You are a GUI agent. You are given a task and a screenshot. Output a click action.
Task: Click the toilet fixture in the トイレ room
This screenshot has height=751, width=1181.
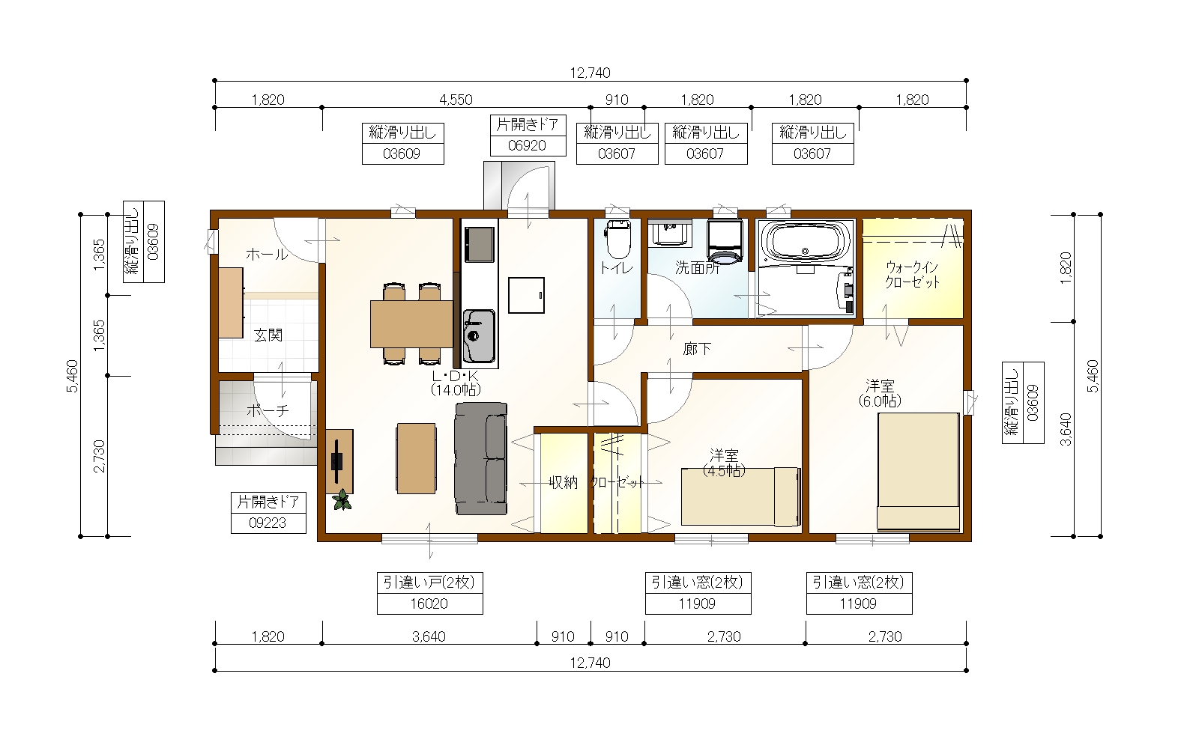click(x=618, y=239)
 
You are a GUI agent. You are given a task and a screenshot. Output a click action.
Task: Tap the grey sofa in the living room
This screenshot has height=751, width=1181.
click(x=481, y=459)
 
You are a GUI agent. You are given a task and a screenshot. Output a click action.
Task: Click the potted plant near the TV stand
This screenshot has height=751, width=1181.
click(x=342, y=499)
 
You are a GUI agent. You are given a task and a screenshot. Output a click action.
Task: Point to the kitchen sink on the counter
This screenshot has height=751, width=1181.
click(x=479, y=336)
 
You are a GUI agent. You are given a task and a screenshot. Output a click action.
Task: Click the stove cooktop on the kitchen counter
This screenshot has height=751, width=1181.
click(x=479, y=244)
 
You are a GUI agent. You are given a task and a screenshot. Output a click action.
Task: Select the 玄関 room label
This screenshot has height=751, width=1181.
click(x=268, y=335)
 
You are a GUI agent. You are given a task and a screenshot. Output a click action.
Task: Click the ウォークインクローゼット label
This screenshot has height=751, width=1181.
click(x=912, y=274)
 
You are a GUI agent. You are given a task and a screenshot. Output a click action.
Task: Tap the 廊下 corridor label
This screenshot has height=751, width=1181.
click(x=697, y=349)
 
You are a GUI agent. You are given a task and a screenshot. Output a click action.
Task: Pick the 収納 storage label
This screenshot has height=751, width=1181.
click(x=563, y=482)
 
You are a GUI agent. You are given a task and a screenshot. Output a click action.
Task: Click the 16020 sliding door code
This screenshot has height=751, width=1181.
click(x=429, y=603)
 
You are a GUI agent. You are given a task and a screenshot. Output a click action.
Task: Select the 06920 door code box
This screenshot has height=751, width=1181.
click(x=528, y=145)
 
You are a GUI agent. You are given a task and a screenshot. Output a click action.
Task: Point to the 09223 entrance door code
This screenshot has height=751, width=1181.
click(x=268, y=523)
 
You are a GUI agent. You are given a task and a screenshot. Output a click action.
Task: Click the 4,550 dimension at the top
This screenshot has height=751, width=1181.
click(x=456, y=100)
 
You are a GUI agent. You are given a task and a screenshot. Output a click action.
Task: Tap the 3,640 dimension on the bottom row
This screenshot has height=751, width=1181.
click(x=429, y=636)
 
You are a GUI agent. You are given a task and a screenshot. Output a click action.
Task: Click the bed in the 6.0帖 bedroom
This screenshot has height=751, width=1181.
click(x=918, y=472)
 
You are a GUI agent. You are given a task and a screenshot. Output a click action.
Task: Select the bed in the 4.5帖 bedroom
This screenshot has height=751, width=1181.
click(x=740, y=496)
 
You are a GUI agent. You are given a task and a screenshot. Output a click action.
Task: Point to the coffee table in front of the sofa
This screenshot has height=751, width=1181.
click(x=416, y=458)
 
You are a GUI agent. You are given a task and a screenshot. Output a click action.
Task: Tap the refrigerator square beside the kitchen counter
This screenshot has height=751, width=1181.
click(x=526, y=296)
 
